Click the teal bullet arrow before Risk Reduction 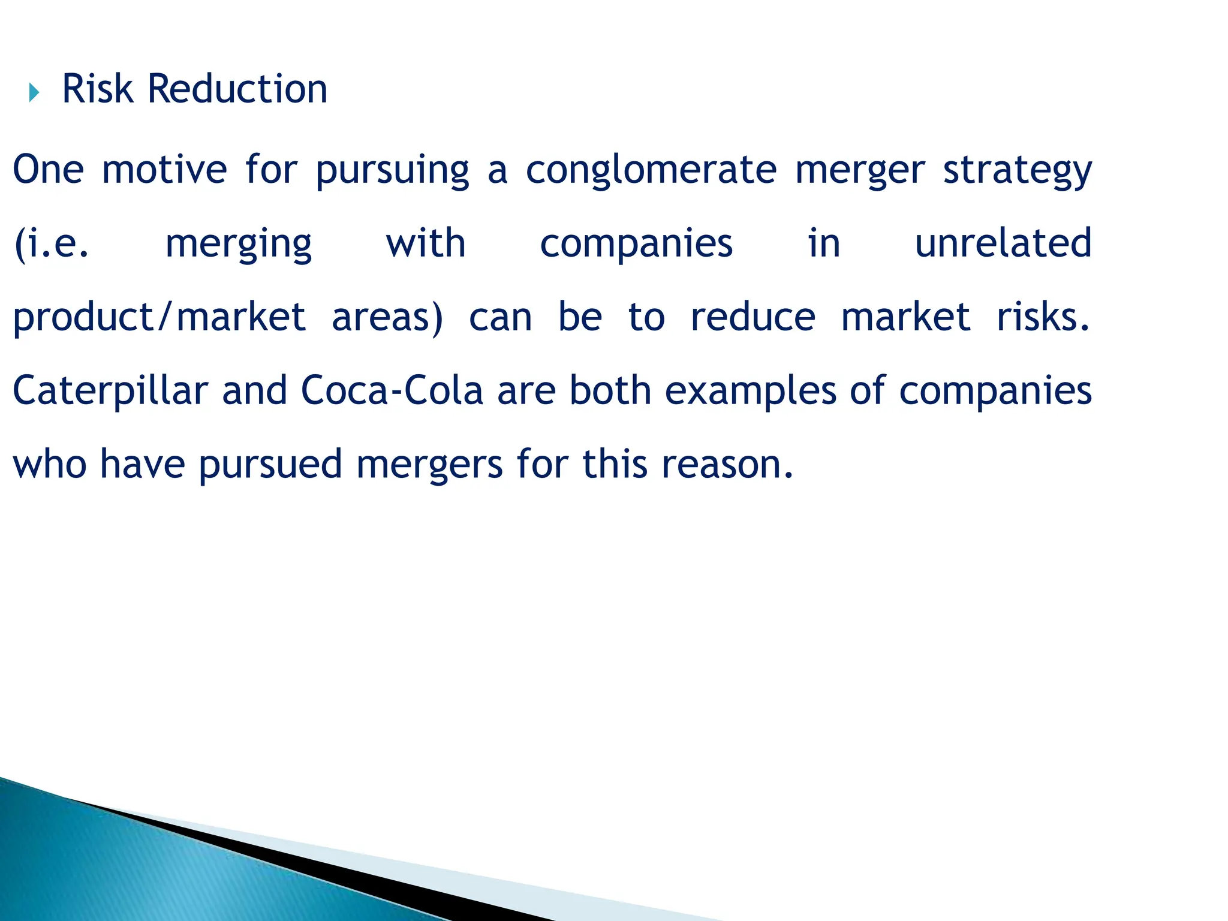[x=34, y=93]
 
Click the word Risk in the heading [x=97, y=89]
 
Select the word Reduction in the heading [x=237, y=89]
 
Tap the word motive [x=164, y=170]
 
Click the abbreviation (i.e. [x=52, y=245]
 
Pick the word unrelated [x=1003, y=243]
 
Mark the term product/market [x=159, y=318]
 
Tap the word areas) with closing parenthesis [x=387, y=318]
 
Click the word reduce [x=753, y=317]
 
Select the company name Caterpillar [x=110, y=391]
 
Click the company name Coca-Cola [x=392, y=390]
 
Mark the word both [x=610, y=390]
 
